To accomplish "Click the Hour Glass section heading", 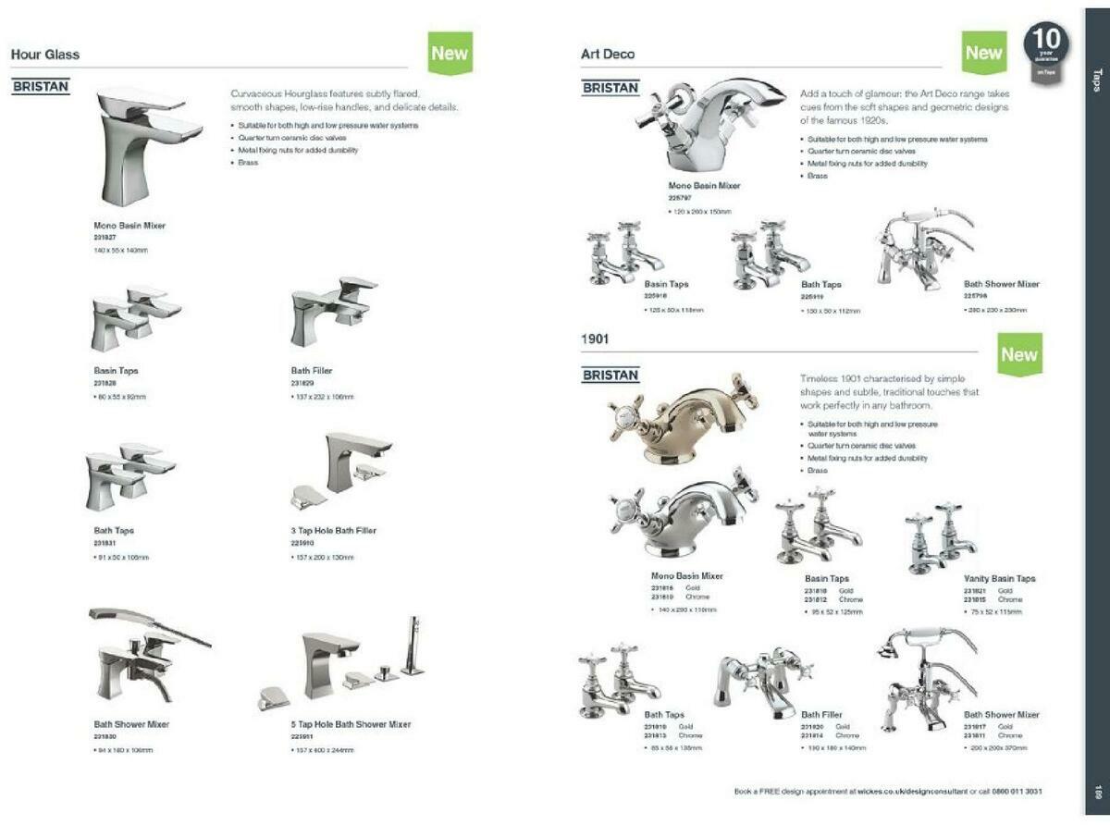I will (45, 55).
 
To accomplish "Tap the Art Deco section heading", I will (608, 55).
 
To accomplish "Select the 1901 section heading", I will (595, 339).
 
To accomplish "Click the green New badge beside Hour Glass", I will (450, 53).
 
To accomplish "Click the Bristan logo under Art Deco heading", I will (610, 88).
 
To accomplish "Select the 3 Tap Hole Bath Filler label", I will (333, 531).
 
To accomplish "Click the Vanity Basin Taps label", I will (999, 578).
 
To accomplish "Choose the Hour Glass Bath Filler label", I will (312, 371).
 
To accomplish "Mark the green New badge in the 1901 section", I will (1019, 354).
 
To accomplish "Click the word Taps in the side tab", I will (1097, 78).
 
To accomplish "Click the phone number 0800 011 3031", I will (1017, 792).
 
